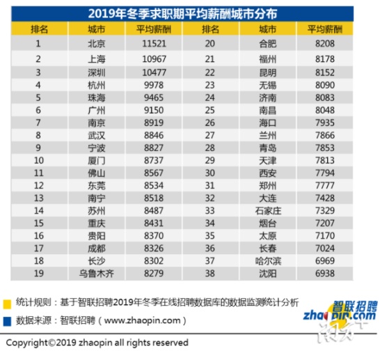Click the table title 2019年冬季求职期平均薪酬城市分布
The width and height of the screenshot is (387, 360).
(x=182, y=14)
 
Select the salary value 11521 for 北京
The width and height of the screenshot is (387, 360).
(x=154, y=44)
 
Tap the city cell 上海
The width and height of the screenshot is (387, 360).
(x=97, y=59)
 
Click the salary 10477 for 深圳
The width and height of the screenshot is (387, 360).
(x=154, y=72)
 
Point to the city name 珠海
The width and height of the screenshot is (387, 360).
(x=97, y=97)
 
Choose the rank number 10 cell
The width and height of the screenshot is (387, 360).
(x=39, y=160)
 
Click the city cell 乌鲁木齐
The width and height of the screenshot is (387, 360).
(x=97, y=274)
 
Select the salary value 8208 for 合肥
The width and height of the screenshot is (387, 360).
(x=325, y=44)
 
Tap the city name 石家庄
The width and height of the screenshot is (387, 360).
(x=268, y=211)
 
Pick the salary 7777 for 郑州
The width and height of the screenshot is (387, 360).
(x=325, y=185)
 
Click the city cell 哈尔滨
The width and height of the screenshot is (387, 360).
(x=268, y=261)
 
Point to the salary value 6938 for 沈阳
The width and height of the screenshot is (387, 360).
(x=325, y=274)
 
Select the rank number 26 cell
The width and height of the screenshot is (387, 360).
(x=210, y=123)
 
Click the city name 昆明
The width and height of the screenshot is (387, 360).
(x=268, y=73)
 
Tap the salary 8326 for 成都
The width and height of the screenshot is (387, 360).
(x=154, y=249)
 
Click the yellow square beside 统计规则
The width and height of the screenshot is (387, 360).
(x=7, y=304)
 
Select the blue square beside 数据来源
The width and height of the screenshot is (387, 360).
(x=7, y=322)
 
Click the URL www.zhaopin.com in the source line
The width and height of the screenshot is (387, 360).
(x=143, y=320)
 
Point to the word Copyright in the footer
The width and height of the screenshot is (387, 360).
(x=27, y=343)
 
